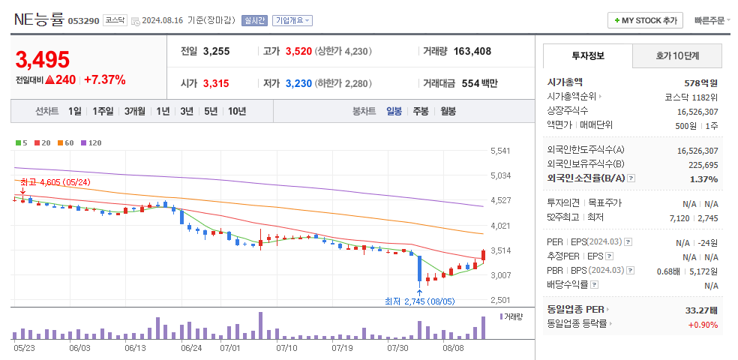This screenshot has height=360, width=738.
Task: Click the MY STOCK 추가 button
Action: tap(645, 20)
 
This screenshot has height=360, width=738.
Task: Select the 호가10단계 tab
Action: tap(677, 55)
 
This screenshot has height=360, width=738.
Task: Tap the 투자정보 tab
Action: tap(588, 55)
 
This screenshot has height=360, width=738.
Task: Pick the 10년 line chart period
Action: tap(237, 111)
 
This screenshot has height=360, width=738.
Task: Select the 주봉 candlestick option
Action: tap(421, 111)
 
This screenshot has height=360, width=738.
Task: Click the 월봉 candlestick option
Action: tap(448, 111)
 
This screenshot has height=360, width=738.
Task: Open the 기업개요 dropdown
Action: tap(292, 20)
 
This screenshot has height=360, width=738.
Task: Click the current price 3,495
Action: tap(43, 59)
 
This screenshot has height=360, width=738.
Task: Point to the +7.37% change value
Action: tap(105, 79)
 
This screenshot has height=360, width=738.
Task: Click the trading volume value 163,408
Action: tap(472, 51)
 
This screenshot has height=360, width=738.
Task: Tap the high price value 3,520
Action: tap(298, 51)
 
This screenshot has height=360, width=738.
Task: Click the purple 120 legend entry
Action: tap(91, 142)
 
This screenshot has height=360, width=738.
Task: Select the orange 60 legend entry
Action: tap(65, 142)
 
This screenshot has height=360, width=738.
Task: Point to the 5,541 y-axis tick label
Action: tap(500, 151)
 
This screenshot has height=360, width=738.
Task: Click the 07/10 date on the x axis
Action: tap(287, 348)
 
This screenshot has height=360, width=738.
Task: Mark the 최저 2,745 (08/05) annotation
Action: tap(419, 301)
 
